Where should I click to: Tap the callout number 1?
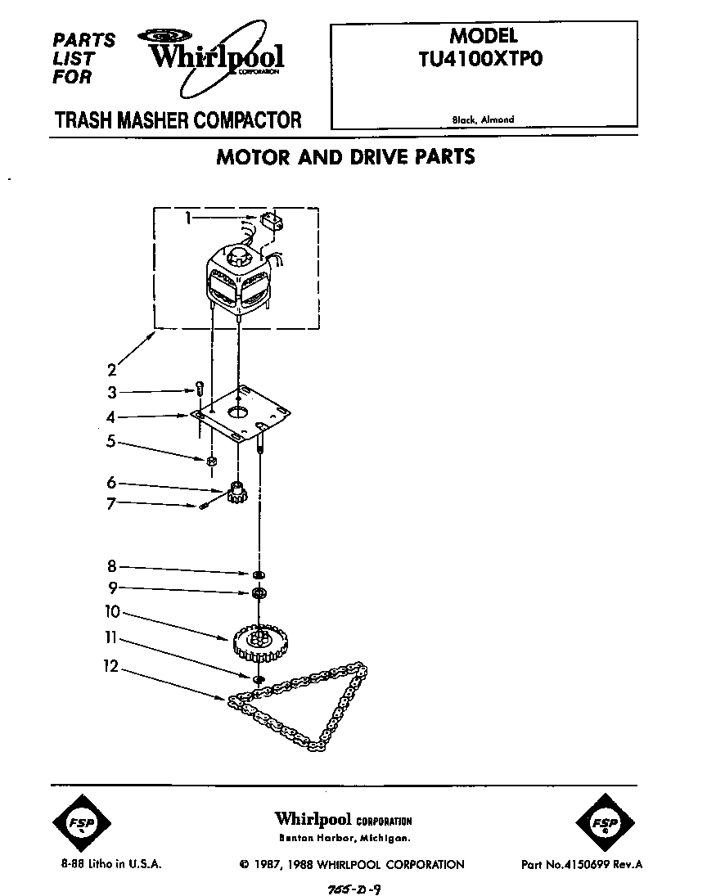pyautogui.click(x=188, y=218)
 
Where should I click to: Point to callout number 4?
pyautogui.click(x=111, y=417)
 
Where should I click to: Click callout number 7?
pyautogui.click(x=111, y=504)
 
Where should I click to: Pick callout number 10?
pyautogui.click(x=112, y=610)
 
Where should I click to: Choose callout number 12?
pyautogui.click(x=111, y=668)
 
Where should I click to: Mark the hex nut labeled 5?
pyautogui.click(x=211, y=462)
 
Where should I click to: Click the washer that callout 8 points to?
pyautogui.click(x=259, y=574)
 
